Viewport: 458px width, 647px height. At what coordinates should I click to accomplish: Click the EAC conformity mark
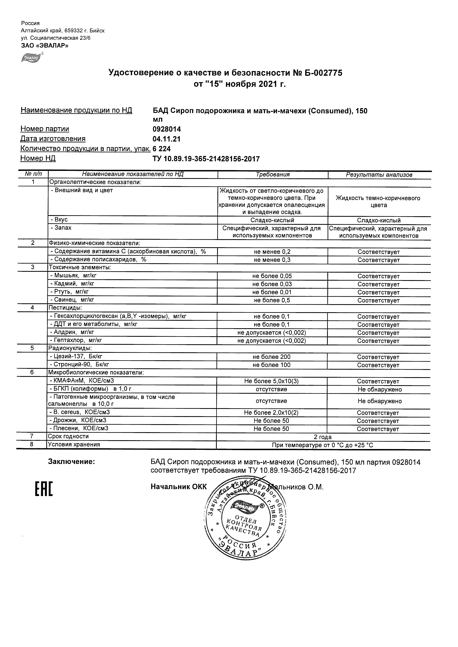coord(44,489)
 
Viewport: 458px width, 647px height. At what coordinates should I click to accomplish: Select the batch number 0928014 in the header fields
coord(166,129)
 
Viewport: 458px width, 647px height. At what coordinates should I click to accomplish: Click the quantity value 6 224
coord(162,148)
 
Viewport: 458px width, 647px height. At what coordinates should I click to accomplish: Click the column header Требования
coord(272,174)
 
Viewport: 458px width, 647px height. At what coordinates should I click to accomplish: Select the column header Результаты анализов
coord(379,175)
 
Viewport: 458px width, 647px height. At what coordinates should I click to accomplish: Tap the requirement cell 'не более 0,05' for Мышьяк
coord(272,276)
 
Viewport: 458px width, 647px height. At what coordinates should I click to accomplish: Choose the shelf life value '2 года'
coord(323,437)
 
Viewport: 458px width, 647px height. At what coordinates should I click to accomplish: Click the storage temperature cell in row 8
coord(323,445)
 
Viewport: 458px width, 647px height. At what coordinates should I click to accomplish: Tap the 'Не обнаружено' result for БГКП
coord(380,389)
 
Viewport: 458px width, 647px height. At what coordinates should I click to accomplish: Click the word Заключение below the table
coord(71,461)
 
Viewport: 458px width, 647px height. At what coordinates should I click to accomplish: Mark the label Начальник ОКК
coord(179,487)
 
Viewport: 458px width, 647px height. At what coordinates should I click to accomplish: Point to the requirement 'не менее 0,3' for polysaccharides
coord(272,260)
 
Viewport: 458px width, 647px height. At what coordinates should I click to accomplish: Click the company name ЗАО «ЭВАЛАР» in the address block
coord(45,46)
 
